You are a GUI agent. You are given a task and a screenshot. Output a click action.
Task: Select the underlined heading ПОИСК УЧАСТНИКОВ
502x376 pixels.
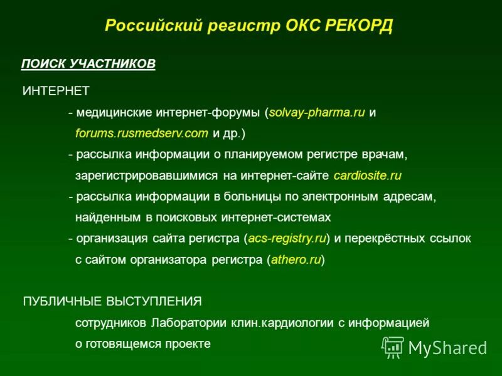(x=88, y=65)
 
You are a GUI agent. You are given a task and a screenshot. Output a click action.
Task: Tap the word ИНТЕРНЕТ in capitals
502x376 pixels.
(x=56, y=91)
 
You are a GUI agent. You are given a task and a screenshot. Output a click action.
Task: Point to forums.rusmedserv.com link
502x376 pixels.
(x=141, y=133)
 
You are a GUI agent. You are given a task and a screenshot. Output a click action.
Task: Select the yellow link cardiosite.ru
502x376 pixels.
(x=367, y=175)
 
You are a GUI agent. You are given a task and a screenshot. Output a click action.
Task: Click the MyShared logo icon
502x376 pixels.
(x=393, y=346)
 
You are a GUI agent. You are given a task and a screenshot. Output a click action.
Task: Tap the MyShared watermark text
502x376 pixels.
(x=447, y=347)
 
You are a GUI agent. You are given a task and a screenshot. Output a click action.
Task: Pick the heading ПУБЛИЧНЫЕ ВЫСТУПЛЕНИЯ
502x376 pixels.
(x=112, y=301)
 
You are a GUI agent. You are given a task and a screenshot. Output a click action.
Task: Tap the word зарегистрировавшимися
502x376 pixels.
(x=146, y=175)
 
